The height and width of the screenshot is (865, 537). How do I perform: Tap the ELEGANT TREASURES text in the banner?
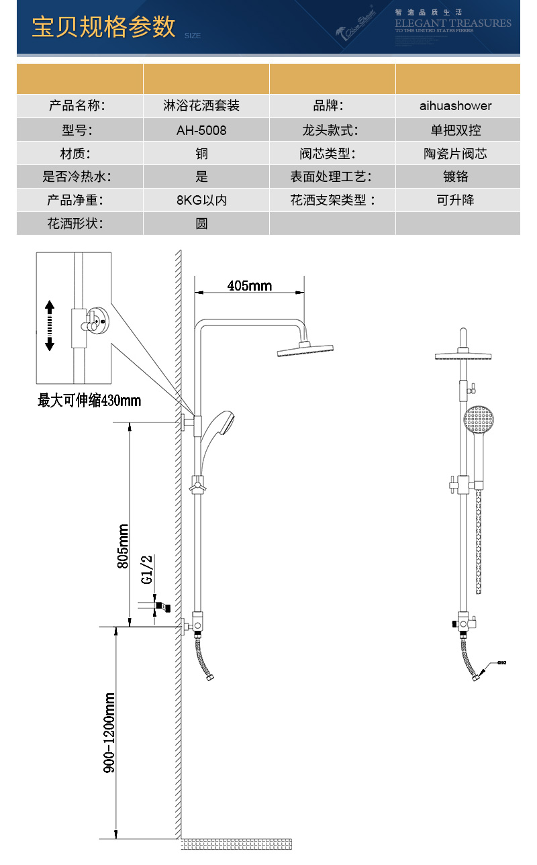[x=453, y=23]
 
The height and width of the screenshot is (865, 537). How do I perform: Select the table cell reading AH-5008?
[x=201, y=130]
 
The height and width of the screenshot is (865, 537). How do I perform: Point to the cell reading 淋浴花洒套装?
[x=201, y=106]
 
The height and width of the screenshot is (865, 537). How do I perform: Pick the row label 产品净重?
[x=76, y=200]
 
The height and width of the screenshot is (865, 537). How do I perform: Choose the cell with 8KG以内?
[x=201, y=200]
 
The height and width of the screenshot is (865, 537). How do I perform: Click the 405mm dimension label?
[x=250, y=286]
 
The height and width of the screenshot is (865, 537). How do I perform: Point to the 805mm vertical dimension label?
[x=123, y=546]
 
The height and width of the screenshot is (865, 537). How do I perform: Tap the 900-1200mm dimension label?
[x=109, y=733]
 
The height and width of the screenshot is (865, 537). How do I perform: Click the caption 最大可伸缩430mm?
[x=89, y=401]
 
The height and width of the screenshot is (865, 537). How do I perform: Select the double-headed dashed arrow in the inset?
[x=49, y=325]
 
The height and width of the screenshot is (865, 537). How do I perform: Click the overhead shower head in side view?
[x=305, y=350]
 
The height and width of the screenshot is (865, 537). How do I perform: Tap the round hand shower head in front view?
[x=479, y=420]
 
